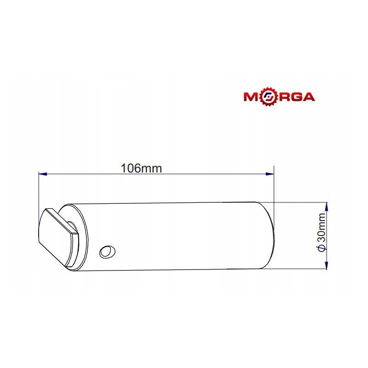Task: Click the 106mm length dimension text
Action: tap(141, 168)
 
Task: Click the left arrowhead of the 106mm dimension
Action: tap(42, 174)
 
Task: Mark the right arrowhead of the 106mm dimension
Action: tap(270, 174)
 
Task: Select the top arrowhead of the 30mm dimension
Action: tap(326, 205)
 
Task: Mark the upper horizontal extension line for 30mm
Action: tap(299, 201)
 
